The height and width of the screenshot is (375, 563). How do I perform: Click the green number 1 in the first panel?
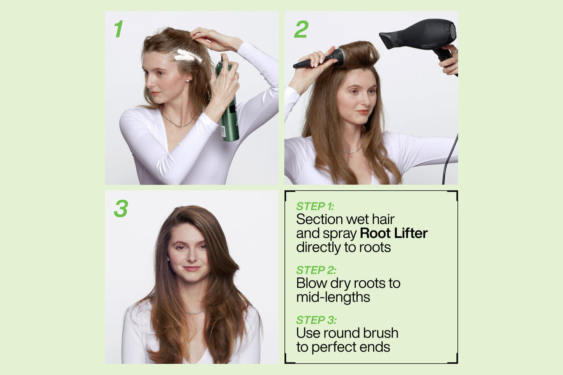tap(118, 29)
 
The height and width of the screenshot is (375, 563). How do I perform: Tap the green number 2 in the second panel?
tap(301, 29)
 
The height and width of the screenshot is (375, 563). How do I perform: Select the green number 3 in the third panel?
tap(121, 208)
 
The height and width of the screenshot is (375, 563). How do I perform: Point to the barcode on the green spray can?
tap(223, 132)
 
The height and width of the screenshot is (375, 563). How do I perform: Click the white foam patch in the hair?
tap(188, 56)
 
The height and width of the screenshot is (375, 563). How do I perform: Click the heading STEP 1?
tap(315, 206)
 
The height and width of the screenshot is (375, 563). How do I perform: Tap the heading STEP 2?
tap(316, 270)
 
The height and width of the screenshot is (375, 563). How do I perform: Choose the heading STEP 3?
tap(316, 320)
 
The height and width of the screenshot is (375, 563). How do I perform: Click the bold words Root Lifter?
tap(394, 233)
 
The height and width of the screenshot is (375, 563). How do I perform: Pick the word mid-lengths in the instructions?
tap(333, 298)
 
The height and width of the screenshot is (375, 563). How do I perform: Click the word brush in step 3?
tap(381, 333)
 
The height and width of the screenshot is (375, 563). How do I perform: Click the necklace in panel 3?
tap(196, 312)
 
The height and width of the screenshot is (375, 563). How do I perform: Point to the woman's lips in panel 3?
tap(192, 269)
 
